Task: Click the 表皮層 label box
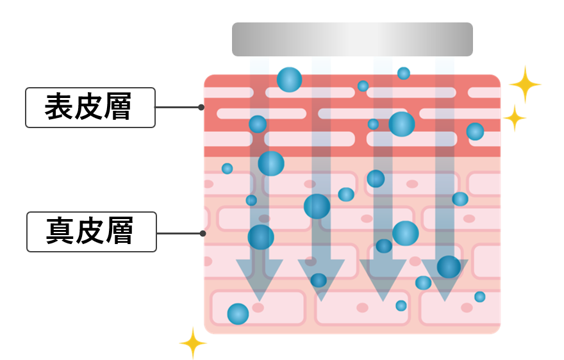(90, 107)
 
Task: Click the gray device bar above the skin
(352, 39)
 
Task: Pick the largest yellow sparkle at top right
(525, 84)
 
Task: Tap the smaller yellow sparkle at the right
(514, 118)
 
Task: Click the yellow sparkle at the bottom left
(193, 343)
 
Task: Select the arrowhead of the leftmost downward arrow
(260, 279)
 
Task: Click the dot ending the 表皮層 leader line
(201, 107)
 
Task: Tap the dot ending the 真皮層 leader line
(203, 233)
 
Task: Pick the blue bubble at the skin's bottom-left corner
(238, 313)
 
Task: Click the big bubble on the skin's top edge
(289, 79)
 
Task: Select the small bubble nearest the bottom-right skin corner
(479, 297)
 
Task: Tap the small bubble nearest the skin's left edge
(227, 168)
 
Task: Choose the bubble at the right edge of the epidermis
(475, 131)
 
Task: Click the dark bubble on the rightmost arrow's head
(449, 266)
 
